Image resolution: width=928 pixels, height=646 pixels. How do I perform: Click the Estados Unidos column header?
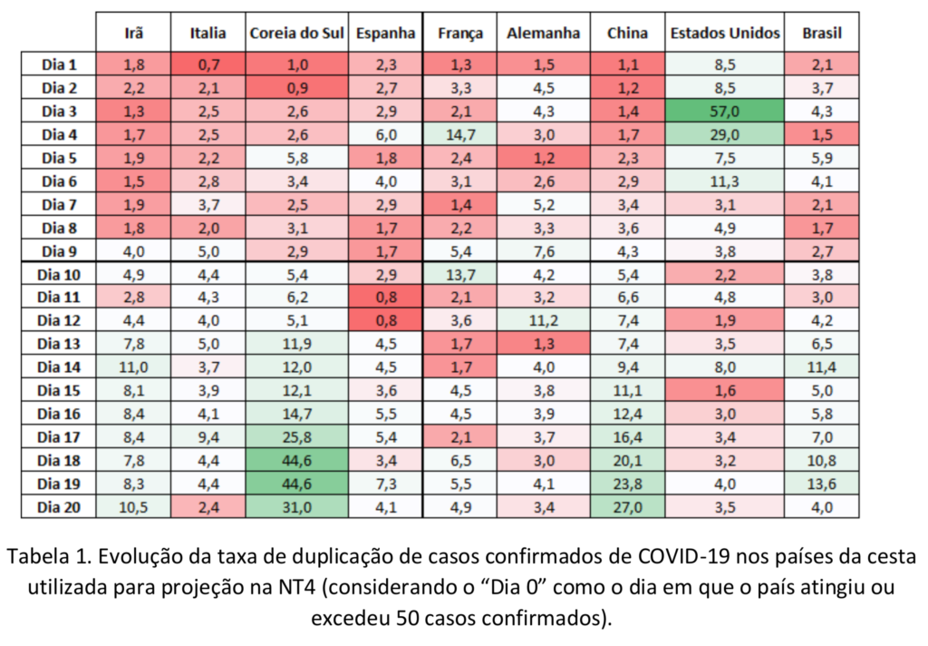click(724, 34)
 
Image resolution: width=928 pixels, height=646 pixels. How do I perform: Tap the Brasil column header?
click(822, 34)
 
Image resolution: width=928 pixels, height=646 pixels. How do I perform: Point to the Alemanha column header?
click(543, 34)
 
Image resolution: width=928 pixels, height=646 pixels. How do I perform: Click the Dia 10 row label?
click(60, 274)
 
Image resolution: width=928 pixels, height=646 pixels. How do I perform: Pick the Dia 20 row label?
click(60, 507)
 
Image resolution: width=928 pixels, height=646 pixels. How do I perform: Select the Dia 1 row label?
click(60, 64)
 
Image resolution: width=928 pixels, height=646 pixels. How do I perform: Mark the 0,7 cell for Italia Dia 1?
click(208, 64)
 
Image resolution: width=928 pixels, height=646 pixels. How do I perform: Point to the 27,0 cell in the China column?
click(627, 507)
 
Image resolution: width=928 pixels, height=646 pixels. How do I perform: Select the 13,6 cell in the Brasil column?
click(822, 484)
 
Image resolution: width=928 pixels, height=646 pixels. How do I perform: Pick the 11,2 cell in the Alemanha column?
click(543, 320)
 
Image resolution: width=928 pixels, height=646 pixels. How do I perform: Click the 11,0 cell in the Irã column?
click(133, 367)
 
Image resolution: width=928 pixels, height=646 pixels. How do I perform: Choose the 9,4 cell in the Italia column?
click(208, 437)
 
